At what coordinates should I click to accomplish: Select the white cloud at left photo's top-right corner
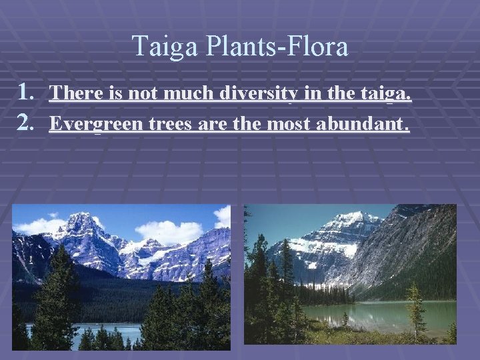click(x=222, y=217)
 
